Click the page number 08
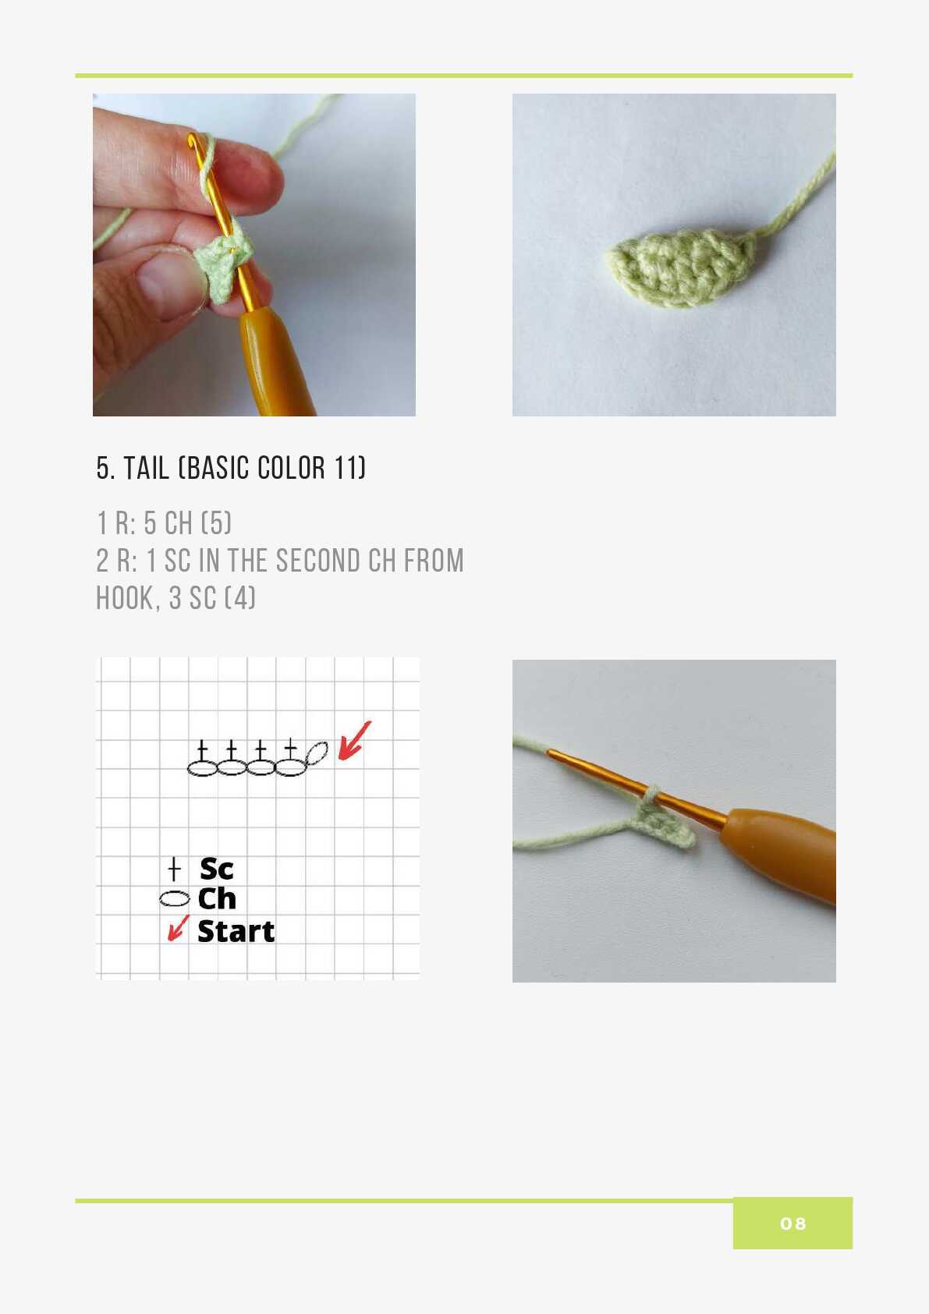tap(792, 1223)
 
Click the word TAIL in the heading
tap(146, 468)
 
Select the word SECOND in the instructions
tap(317, 560)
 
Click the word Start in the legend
tap(236, 932)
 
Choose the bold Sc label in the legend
tap(217, 869)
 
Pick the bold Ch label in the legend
tap(217, 898)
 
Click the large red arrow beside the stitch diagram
tap(354, 742)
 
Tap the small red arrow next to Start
tap(179, 928)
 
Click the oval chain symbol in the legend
tap(175, 898)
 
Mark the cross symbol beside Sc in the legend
tap(174, 869)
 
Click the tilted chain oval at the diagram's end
tap(317, 753)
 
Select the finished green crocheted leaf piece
tap(682, 267)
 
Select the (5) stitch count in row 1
tap(217, 522)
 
